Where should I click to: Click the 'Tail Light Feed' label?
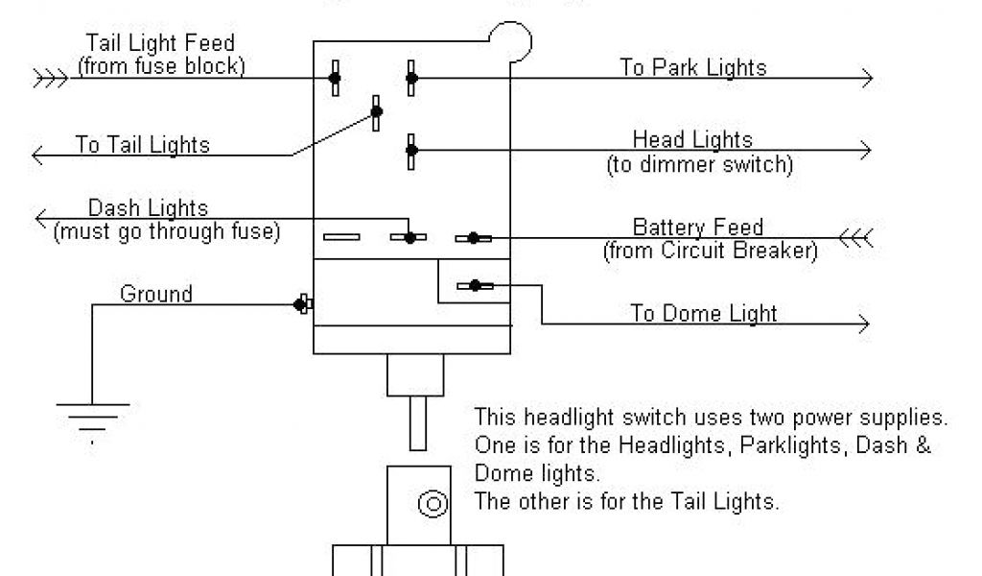coord(160,44)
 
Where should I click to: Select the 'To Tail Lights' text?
coord(143,146)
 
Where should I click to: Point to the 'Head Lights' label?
coord(692,141)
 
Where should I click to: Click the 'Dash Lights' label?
coord(148,208)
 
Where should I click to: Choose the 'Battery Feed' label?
coord(698,228)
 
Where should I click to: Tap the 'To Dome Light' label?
coord(704,313)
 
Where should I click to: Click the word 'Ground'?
coord(155,294)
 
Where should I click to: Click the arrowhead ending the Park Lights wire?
coord(867,78)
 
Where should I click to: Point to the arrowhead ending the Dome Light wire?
coord(865,323)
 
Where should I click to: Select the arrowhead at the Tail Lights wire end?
coord(38,154)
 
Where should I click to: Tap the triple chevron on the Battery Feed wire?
coord(856,237)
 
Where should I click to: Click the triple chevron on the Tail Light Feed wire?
coord(50,78)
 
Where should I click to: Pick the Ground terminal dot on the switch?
coord(300,305)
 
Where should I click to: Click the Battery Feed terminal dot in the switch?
coord(474,237)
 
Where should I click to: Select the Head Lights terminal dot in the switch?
coord(411,150)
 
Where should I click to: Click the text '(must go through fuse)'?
coord(167,231)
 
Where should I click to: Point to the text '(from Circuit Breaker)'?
coord(710,252)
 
